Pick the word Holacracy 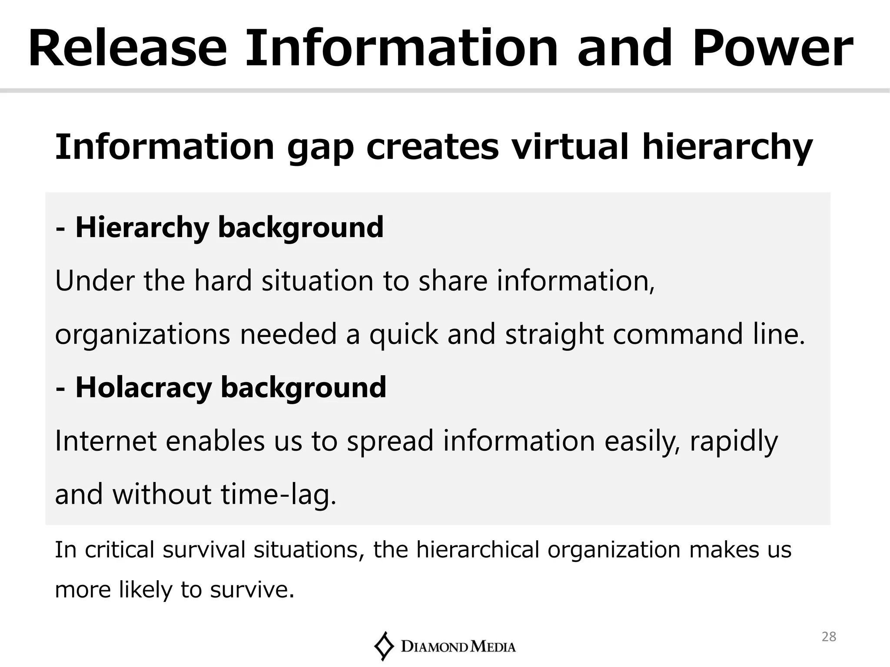143,388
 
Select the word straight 554,335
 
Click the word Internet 106,441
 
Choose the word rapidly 734,442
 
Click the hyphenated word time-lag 279,495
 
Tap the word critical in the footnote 120,549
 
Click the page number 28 829,637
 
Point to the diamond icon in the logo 383,646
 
